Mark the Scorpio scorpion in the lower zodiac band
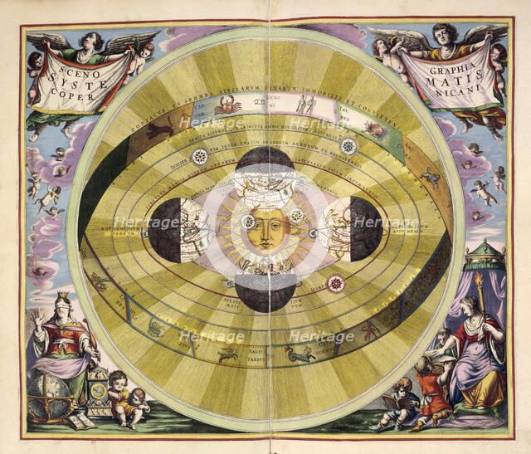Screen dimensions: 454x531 point(156,329)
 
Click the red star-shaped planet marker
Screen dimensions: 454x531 point(336,284)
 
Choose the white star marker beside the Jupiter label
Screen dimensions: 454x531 point(198,157)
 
